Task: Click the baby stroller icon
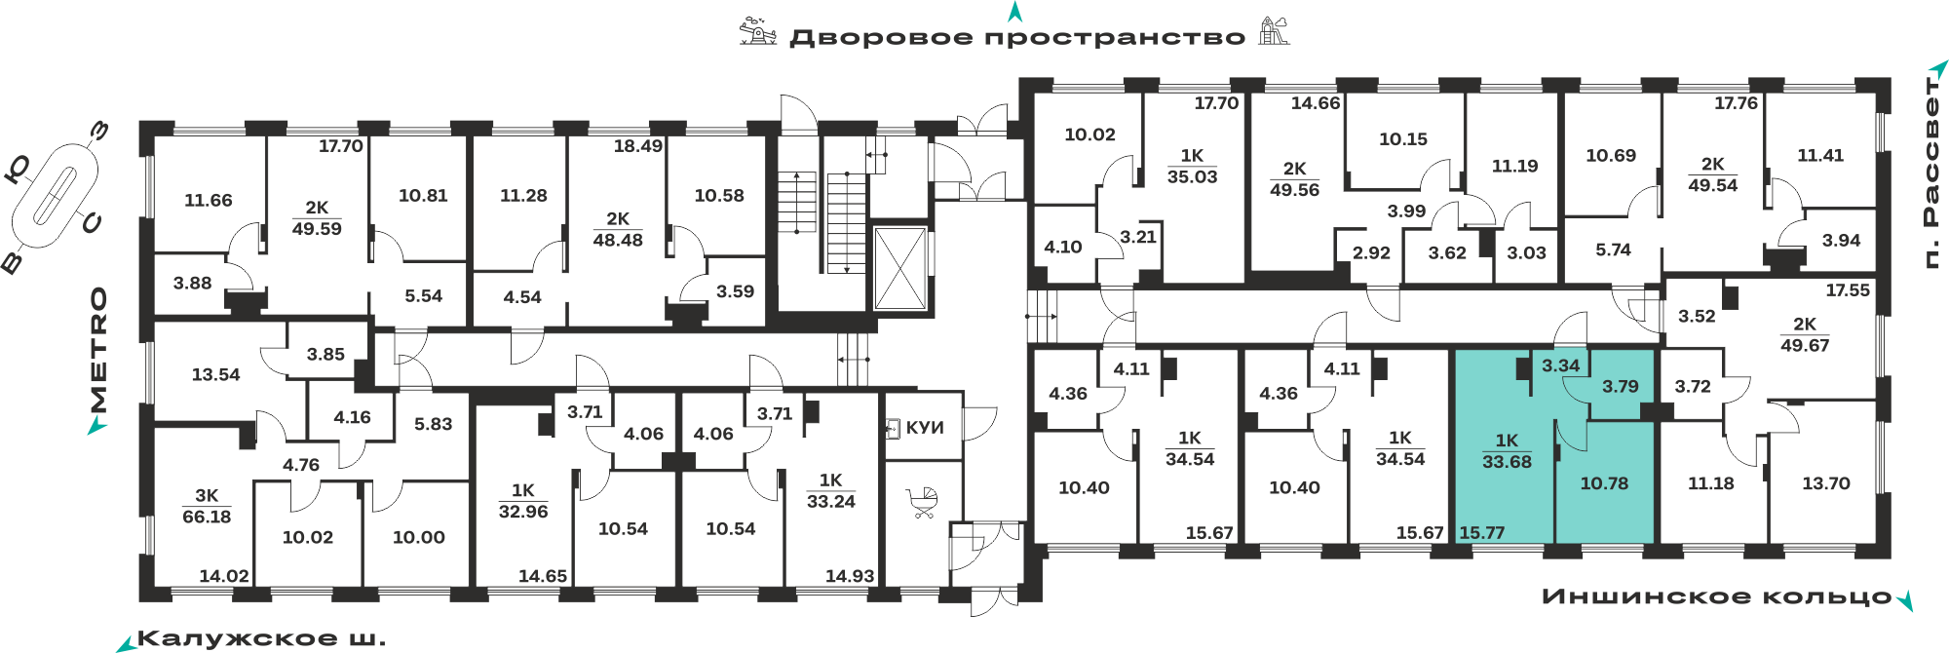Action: pos(923,502)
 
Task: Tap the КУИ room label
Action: pos(925,428)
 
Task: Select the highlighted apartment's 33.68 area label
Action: pos(1507,462)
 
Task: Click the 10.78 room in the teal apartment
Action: pos(1604,483)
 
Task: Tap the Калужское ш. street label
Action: pos(261,639)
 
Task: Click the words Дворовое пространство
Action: pos(1017,38)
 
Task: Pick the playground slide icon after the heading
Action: pos(1274,31)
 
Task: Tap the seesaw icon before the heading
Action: pos(757,31)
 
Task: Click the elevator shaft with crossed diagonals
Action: pos(899,268)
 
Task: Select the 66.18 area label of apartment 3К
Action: pos(207,517)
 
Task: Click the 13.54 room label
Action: pos(215,374)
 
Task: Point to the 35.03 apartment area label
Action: pos(1193,176)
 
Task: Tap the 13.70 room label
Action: pos(1826,483)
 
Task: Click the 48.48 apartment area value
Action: pos(618,240)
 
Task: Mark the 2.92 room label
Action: pos(1371,253)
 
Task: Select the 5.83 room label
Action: pos(433,424)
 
